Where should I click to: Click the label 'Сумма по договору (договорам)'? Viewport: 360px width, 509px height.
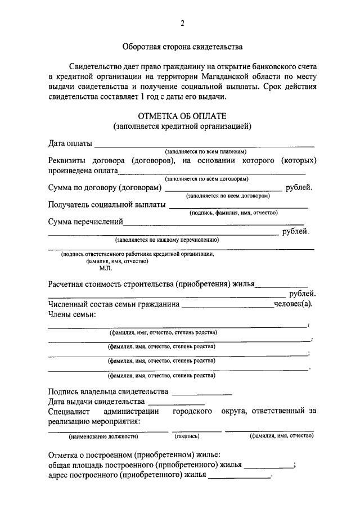pyautogui.click(x=105, y=187)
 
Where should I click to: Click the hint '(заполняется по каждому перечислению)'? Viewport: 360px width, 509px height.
pyautogui.click(x=167, y=240)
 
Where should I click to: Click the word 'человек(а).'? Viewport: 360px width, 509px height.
pyautogui.click(x=292, y=304)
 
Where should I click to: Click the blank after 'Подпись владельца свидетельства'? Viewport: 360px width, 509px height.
pyautogui.click(x=202, y=392)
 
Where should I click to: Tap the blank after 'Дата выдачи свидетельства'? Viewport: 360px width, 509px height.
pyautogui.click(x=176, y=402)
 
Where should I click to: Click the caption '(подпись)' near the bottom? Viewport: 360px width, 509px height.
pyautogui.click(x=187, y=436)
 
